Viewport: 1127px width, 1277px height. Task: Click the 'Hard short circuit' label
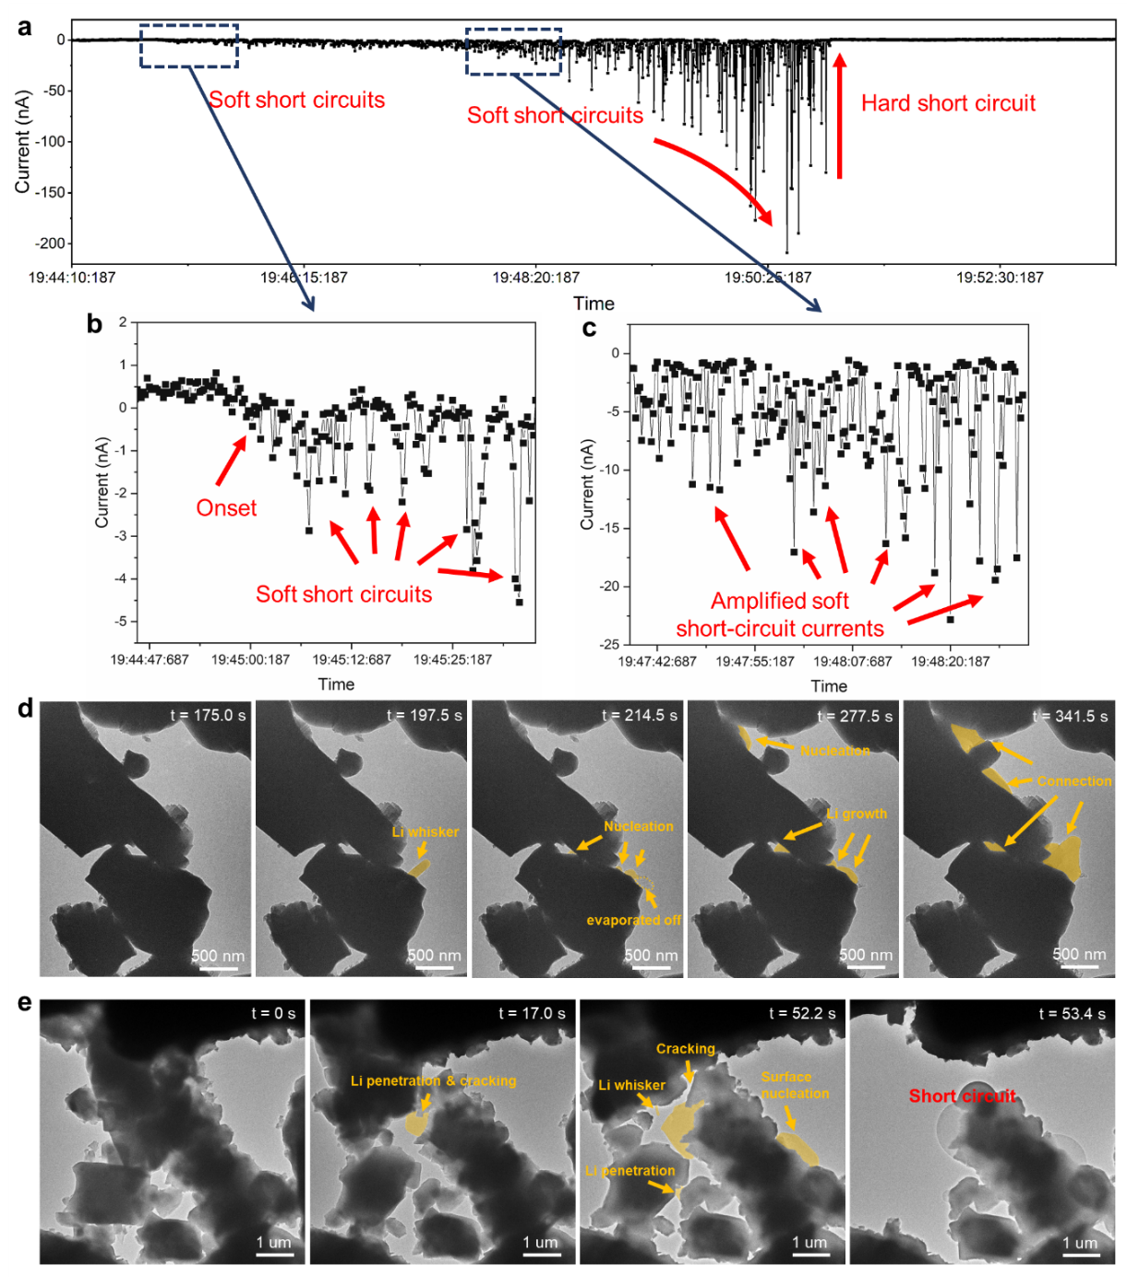pos(948,103)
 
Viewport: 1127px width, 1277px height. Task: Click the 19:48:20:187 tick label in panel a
pos(535,278)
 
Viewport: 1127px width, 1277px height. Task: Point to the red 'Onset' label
pos(226,508)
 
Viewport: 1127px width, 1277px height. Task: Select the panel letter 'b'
pos(94,324)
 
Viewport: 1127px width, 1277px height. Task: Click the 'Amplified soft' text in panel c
pos(779,601)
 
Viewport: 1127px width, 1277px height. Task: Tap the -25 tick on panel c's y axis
pos(610,644)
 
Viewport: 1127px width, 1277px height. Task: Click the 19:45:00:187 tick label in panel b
pos(250,660)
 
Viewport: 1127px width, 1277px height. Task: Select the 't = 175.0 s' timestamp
pos(208,716)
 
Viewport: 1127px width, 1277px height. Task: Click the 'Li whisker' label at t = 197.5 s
pos(425,831)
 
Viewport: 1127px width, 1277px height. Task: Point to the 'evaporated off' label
pos(633,920)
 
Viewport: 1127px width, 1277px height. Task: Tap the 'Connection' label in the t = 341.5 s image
pos(1073,781)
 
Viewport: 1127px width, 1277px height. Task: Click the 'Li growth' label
pos(856,814)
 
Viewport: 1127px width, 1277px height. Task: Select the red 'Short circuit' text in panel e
pos(962,1096)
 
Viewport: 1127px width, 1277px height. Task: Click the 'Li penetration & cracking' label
pos(433,1080)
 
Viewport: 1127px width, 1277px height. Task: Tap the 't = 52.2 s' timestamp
pos(802,1013)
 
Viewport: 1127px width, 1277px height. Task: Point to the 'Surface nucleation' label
pos(795,1085)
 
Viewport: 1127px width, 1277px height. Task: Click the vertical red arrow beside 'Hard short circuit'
pos(839,115)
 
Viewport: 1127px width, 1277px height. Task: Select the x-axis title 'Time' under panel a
pos(593,304)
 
